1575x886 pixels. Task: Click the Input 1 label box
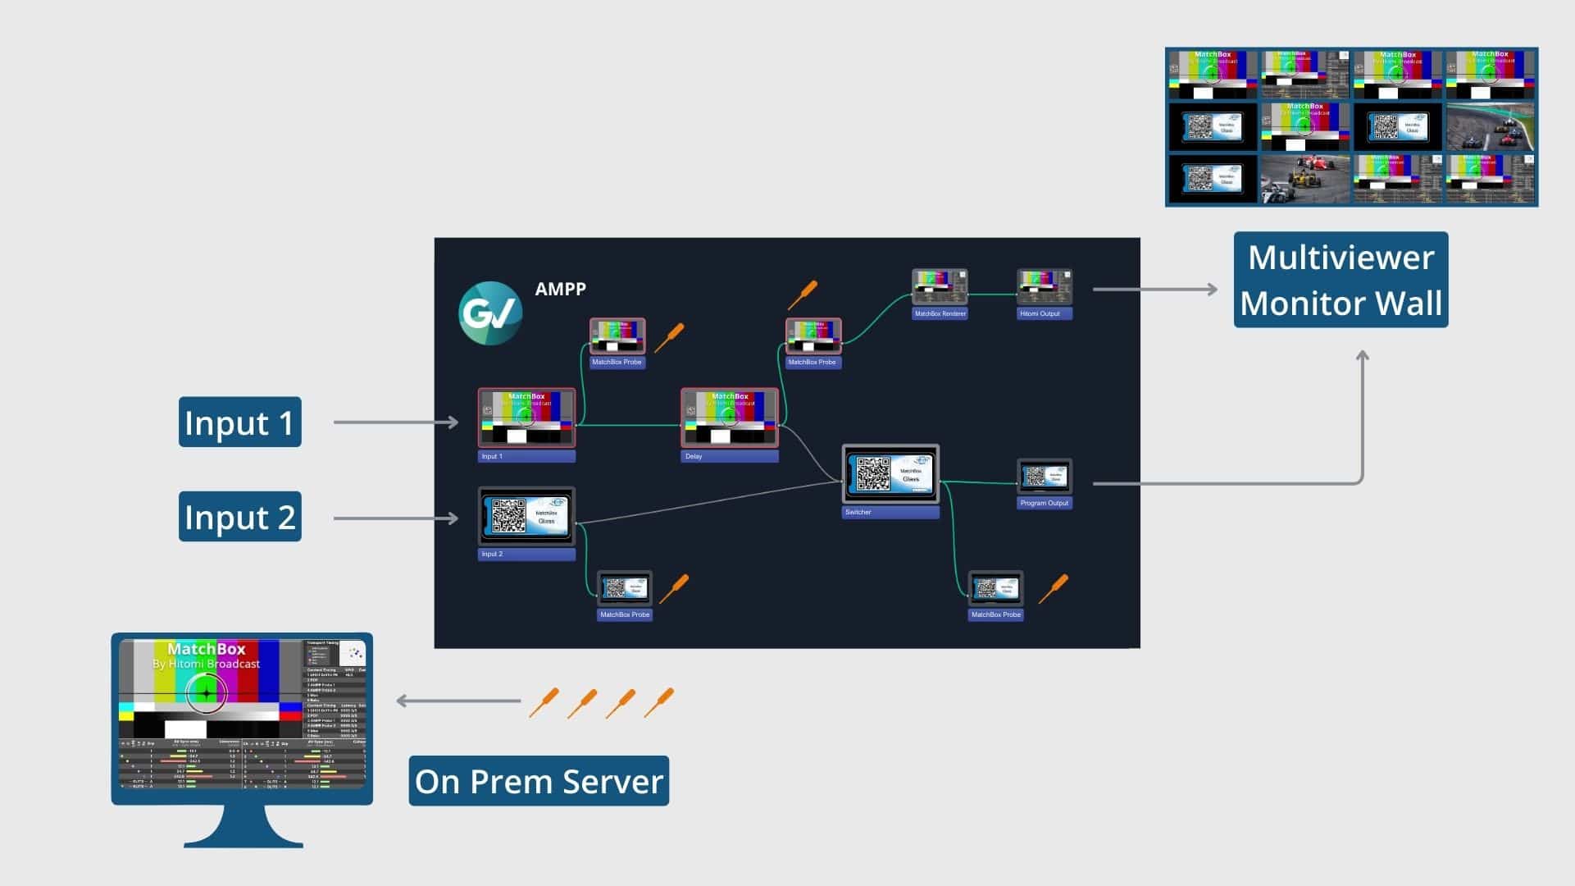tap(239, 422)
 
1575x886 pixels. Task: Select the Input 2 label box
tap(239, 517)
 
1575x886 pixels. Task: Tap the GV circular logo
tap(490, 313)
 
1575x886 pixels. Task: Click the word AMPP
tap(560, 289)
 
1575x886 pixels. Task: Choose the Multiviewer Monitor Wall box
tap(1341, 280)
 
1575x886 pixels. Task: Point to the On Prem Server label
tap(539, 781)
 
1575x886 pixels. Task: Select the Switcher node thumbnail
tap(890, 474)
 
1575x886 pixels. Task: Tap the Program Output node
tap(1044, 477)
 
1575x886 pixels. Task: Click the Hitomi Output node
tap(1044, 288)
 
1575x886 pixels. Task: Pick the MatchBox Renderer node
tap(940, 288)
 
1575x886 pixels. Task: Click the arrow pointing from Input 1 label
tap(395, 422)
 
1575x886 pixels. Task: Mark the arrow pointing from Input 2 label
tap(395, 518)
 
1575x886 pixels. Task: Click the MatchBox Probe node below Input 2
tap(624, 589)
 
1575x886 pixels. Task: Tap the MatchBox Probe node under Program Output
tap(995, 589)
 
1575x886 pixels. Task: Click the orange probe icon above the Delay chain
tap(803, 295)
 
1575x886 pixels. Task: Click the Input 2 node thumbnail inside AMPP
tap(526, 516)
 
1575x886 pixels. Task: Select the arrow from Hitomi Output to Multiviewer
tap(1154, 289)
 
